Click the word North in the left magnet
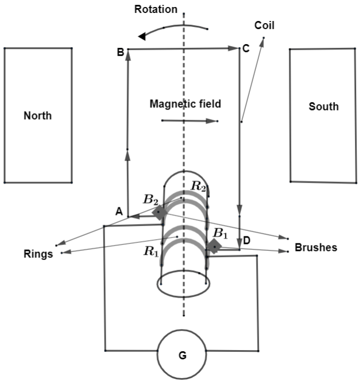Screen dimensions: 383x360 [x=38, y=115]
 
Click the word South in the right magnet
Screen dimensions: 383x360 [x=324, y=106]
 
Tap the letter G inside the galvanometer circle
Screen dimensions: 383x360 [x=182, y=355]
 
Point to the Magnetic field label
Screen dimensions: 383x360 [x=185, y=104]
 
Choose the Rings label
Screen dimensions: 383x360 [x=39, y=254]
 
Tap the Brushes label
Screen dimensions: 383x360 [x=316, y=247]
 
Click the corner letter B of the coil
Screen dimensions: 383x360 [x=120, y=52]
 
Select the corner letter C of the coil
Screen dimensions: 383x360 [x=246, y=49]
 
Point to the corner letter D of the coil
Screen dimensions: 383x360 [x=247, y=240]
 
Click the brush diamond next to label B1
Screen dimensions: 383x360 [x=214, y=247]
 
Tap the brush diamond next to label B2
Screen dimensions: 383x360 [x=159, y=213]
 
